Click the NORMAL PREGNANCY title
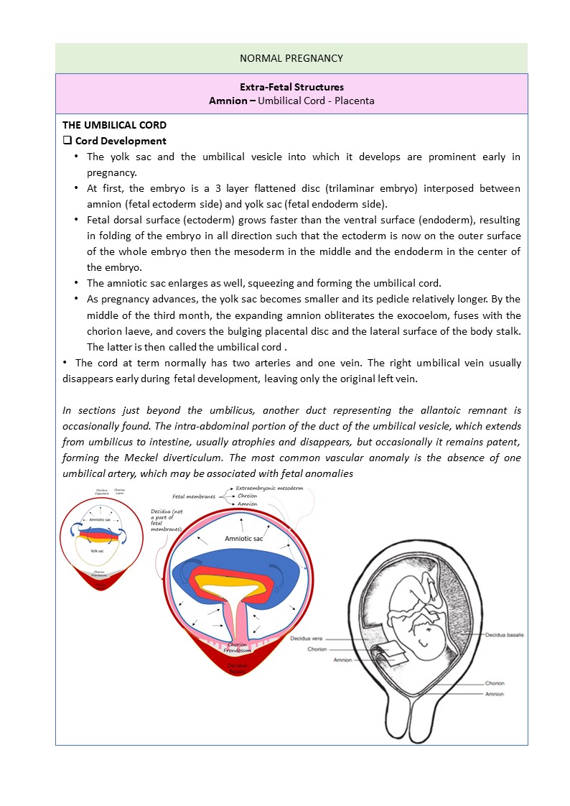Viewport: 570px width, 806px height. point(291,58)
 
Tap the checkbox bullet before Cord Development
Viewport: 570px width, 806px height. point(67,141)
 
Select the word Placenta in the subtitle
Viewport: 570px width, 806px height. point(353,101)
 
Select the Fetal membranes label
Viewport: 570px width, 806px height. point(195,496)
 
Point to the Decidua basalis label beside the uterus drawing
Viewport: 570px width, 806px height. point(505,636)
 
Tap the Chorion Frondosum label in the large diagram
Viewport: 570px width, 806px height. point(237,648)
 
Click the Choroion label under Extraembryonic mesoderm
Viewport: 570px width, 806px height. point(247,496)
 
